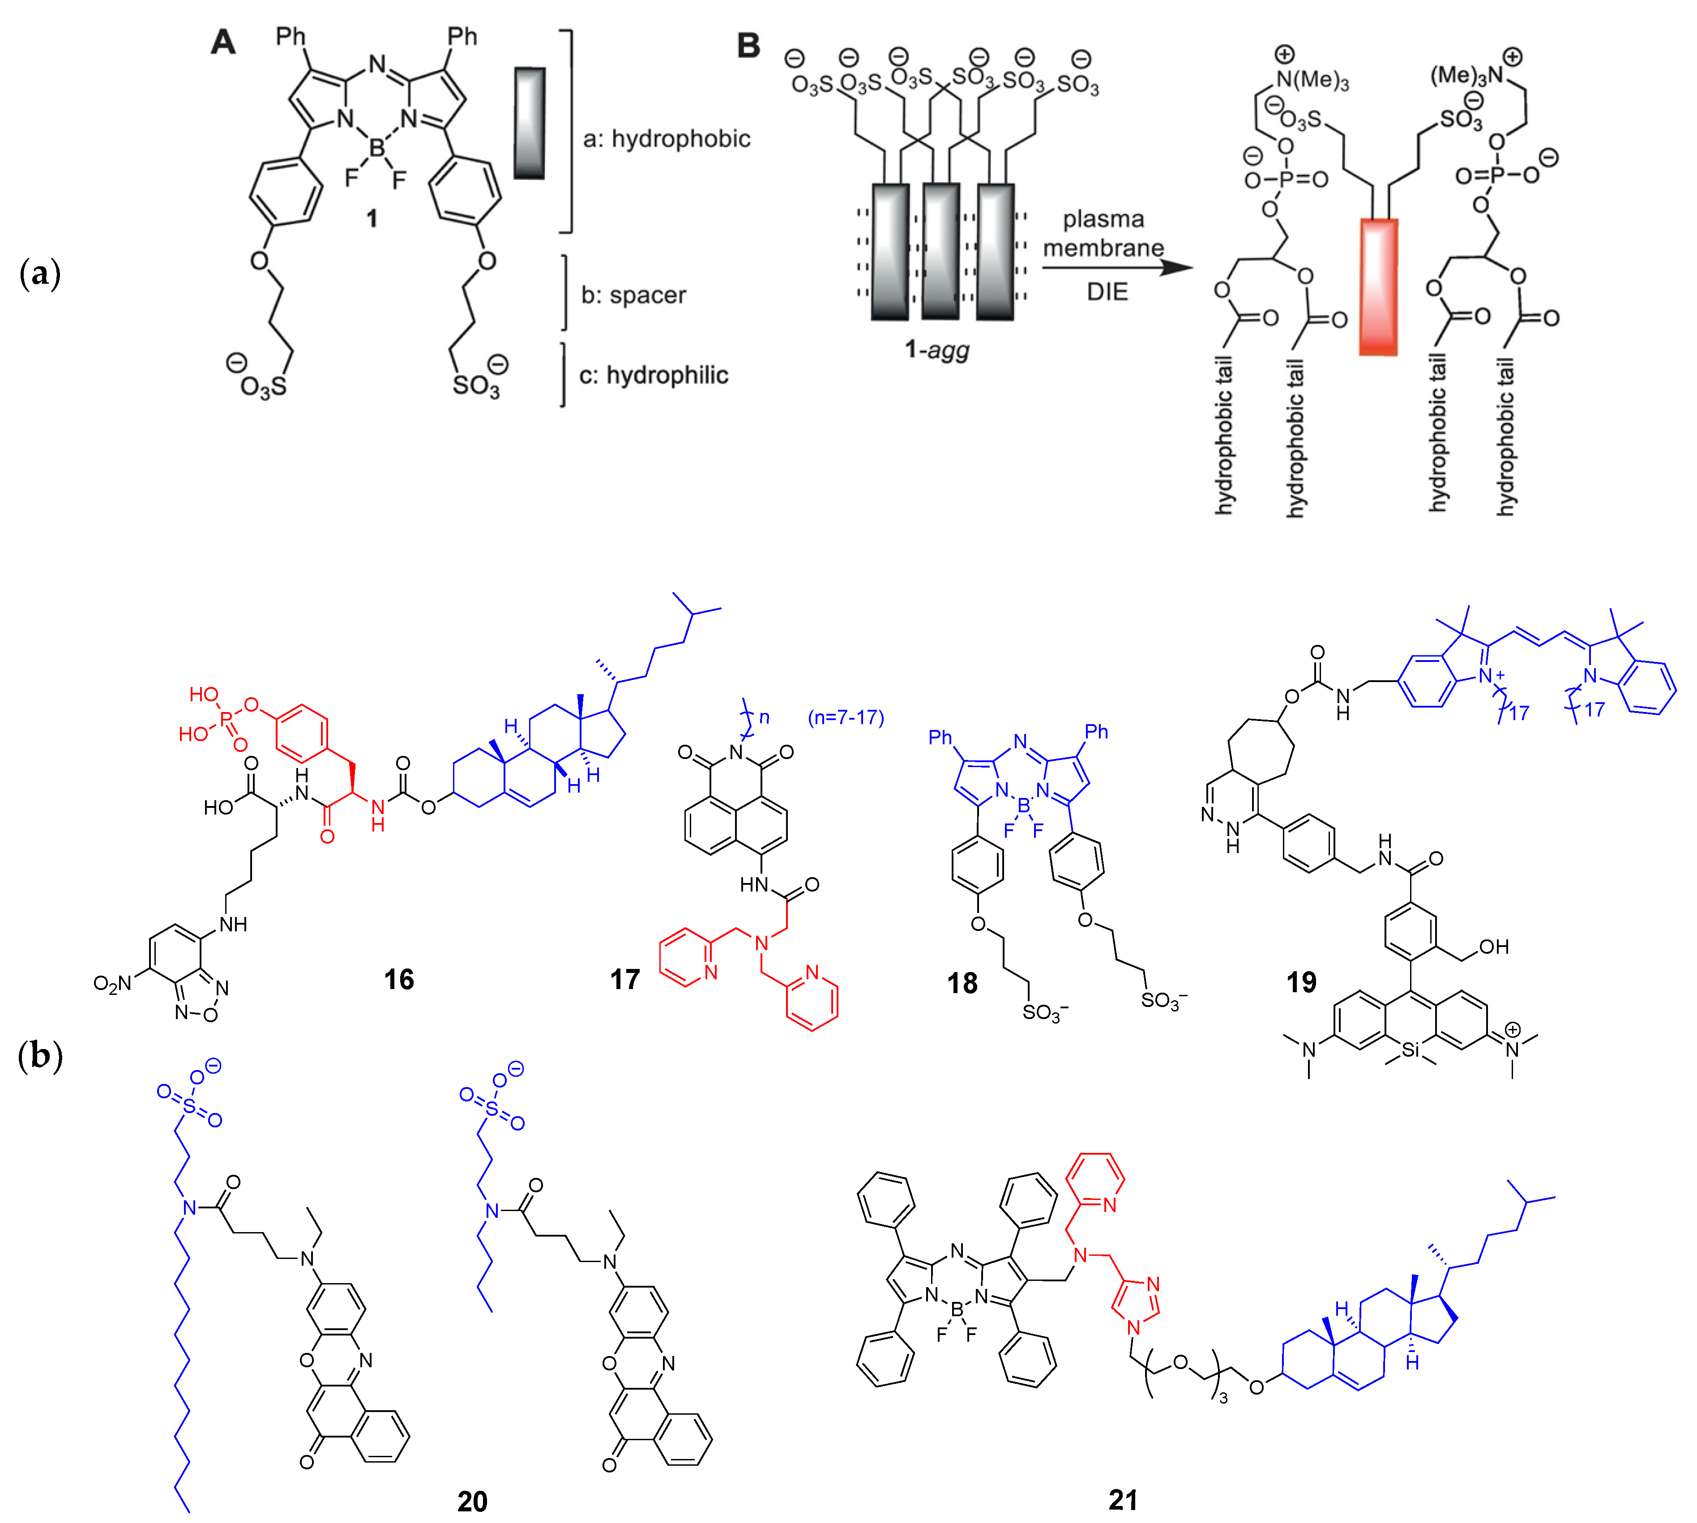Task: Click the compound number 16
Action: [399, 979]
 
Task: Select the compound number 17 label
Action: [624, 979]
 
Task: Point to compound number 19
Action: [1301, 981]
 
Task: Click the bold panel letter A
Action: [222, 42]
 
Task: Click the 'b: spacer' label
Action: [633, 294]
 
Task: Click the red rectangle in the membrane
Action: [1378, 287]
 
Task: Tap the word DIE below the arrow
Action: [1107, 292]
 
